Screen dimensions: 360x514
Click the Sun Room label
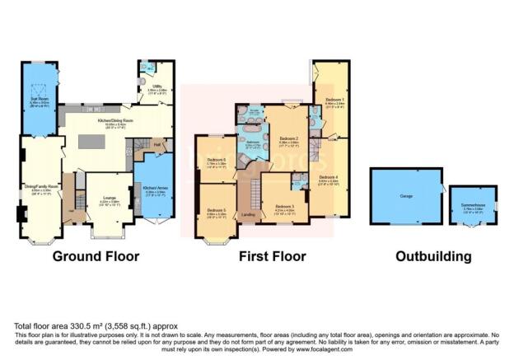tap(38, 101)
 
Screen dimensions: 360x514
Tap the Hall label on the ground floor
tap(157, 145)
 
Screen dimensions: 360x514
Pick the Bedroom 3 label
tap(284, 206)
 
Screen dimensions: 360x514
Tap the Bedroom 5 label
tap(217, 211)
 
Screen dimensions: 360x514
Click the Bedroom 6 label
tap(217, 161)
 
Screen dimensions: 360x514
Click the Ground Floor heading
tap(96, 256)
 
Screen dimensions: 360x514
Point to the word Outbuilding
tap(433, 256)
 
